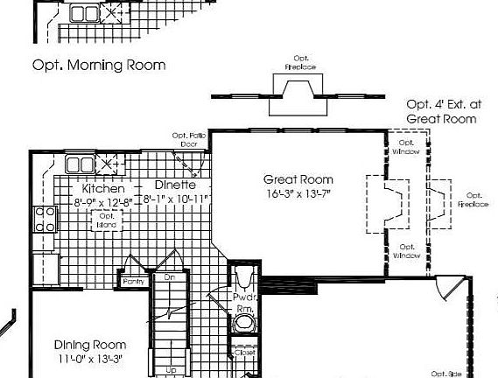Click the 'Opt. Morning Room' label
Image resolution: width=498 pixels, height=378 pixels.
pos(99,65)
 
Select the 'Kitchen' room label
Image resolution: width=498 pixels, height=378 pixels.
pos(103,188)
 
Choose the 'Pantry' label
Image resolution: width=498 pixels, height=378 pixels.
pos(134,281)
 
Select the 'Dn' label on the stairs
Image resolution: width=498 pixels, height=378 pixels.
pos(170,277)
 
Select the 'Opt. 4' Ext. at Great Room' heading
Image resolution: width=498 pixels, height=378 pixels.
pos(441,110)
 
